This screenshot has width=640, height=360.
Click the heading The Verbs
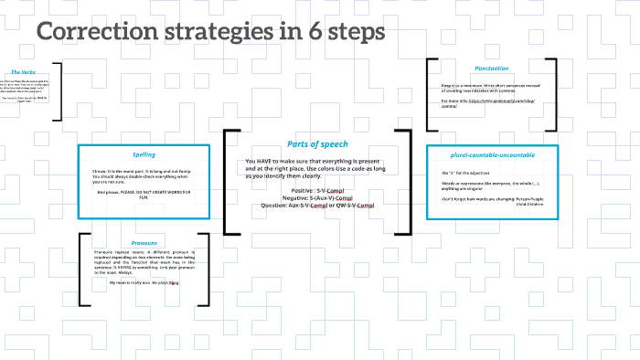24,71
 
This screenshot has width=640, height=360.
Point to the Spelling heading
144,154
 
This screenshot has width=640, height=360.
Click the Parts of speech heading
316,143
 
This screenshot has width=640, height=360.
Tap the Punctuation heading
491,68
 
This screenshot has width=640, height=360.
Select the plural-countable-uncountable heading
492,154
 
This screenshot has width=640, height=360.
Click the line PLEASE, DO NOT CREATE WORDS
146,192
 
